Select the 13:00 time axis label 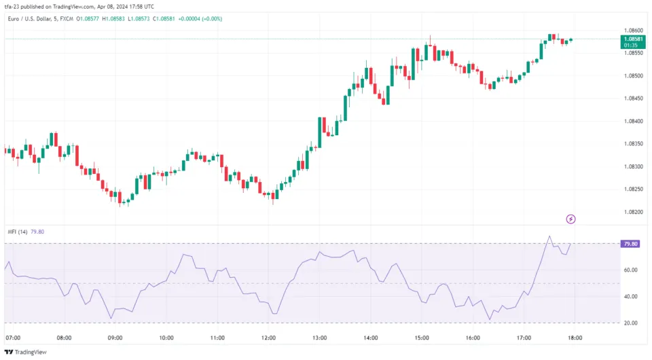click(319, 338)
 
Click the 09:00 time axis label click(115, 338)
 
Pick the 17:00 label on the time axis click(524, 338)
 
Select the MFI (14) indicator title click(18, 231)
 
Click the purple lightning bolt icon click(571, 219)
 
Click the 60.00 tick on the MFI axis click(630, 270)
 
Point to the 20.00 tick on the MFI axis click(630, 323)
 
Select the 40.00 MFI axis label click(630, 297)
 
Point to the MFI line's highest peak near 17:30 click(548, 237)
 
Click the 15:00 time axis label click(422, 338)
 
